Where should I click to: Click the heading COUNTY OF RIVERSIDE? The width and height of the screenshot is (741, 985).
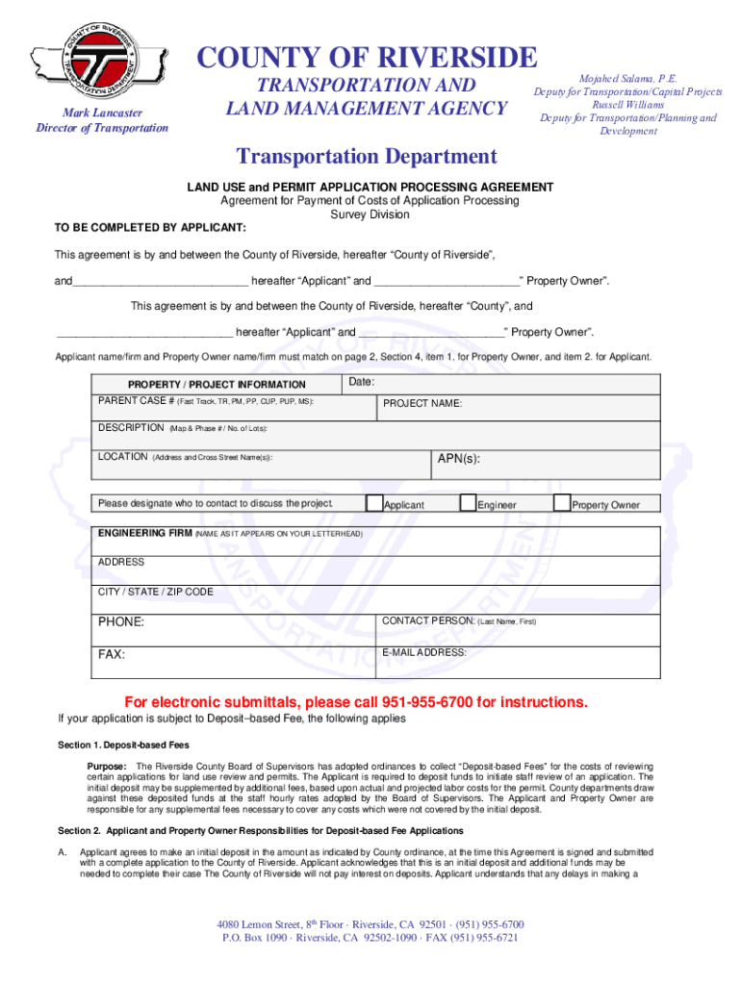tap(367, 58)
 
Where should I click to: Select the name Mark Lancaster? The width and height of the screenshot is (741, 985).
tap(102, 113)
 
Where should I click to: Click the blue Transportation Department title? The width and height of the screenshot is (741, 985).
tap(367, 157)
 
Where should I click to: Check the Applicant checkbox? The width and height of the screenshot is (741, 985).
tap(373, 502)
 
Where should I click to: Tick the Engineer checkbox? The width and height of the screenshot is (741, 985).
tap(468, 502)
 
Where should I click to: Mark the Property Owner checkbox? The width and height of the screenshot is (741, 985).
tap(562, 502)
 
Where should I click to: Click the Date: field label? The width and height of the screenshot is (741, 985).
tap(362, 383)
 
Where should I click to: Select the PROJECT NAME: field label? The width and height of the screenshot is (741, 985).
tap(422, 404)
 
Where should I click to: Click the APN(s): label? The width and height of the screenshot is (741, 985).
tap(458, 459)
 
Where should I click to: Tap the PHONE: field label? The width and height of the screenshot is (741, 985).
tap(121, 622)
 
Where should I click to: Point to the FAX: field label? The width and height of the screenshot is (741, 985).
tap(112, 654)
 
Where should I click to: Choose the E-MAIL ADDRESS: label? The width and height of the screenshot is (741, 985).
tap(423, 652)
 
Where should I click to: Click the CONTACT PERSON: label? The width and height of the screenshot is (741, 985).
tap(427, 621)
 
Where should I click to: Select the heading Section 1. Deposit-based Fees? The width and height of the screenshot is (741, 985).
tap(124, 745)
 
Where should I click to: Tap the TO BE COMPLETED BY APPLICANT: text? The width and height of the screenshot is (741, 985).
tap(149, 229)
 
